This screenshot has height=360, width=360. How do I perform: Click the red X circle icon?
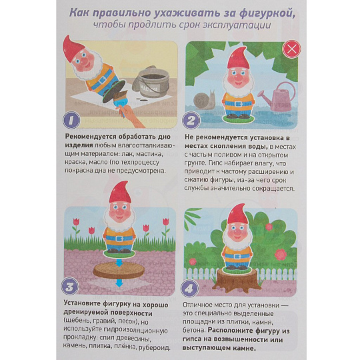tap(291, 49)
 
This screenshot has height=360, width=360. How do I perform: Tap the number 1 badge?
tap(71, 120)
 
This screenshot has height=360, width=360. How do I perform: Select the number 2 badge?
tap(191, 120)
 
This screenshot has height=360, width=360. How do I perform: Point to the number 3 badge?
tap(70, 286)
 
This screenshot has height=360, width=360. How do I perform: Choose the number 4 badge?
tap(189, 289)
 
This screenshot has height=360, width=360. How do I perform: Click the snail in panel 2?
tap(205, 100)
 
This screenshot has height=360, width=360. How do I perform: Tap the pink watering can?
tap(277, 96)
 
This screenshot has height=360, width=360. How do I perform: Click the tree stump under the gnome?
tap(237, 280)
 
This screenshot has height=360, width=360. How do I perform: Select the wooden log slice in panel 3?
tap(119, 271)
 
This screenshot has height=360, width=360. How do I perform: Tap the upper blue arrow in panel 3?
tap(119, 263)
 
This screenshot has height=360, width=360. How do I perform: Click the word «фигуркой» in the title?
tap(267, 13)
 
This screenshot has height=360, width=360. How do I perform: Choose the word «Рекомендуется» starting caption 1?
tap(91, 137)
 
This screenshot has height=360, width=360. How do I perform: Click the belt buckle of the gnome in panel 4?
tap(237, 257)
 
